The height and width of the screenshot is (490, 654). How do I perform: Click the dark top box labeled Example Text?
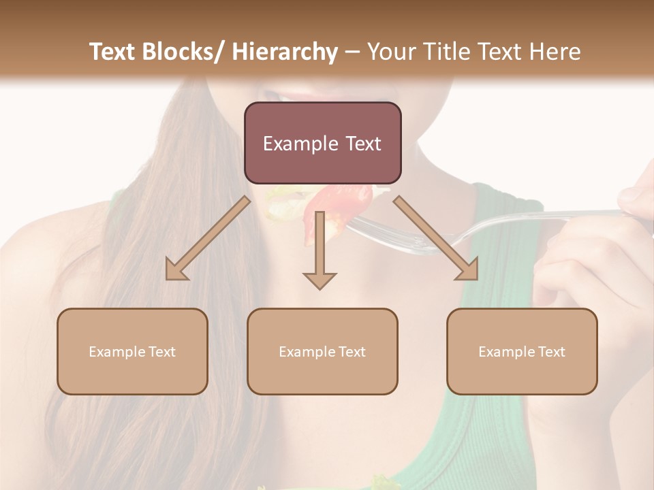pos(322,143)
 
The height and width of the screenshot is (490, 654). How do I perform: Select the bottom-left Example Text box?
pos(132,351)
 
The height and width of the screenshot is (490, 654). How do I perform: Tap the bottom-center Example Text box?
pos(322,351)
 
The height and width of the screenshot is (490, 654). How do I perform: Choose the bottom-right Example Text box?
pos(522,351)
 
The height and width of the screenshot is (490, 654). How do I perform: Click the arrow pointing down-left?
pos(208,239)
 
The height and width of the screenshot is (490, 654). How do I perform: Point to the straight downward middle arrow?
pos(320,245)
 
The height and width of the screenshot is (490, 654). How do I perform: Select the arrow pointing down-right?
pos(436,239)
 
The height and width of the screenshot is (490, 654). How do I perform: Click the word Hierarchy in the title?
pos(285,52)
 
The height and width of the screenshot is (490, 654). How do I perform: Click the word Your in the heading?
pos(390,52)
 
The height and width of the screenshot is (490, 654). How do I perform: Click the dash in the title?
pos(352,52)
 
